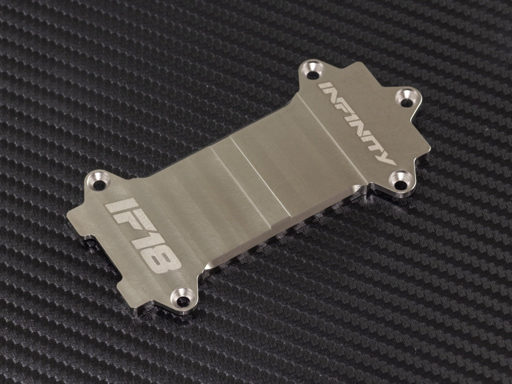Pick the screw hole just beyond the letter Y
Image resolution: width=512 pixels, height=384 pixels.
(401, 184)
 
